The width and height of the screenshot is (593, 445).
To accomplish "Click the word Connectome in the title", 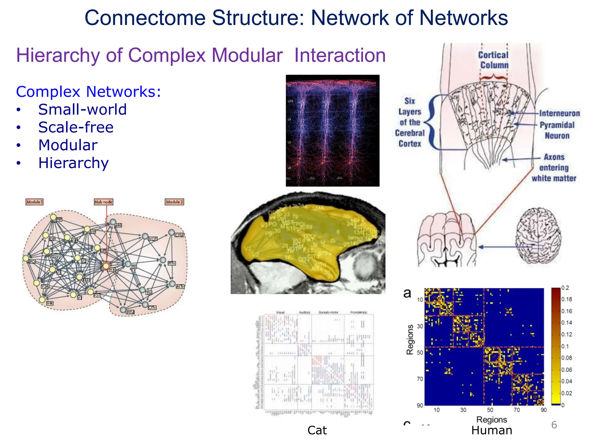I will [145, 18].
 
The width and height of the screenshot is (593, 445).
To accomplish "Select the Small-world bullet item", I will [82, 110].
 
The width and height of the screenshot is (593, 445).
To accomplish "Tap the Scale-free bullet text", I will [76, 127].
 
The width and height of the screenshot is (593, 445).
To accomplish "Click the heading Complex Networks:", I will [88, 92].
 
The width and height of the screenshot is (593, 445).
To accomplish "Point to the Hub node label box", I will [103, 202].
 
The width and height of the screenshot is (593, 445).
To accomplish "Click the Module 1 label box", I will [34, 202].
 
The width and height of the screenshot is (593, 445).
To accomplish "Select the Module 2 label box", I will [174, 202].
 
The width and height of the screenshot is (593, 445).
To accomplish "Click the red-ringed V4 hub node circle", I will [106, 266].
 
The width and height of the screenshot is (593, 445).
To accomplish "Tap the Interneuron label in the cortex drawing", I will [559, 113].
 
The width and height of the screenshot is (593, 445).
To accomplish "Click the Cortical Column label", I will [493, 60].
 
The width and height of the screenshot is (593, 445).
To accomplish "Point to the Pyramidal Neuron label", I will [557, 130].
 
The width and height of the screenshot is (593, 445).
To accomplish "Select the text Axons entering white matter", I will [554, 168].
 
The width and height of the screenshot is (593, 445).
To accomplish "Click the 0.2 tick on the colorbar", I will [565, 288].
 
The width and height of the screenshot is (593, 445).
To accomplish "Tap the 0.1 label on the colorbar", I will [565, 346].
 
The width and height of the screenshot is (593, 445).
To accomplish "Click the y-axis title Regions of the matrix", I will [410, 340].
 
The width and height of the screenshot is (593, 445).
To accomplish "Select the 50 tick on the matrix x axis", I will [490, 410].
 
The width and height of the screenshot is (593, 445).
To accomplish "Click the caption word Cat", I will [317, 431].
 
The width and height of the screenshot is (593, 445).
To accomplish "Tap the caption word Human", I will [492, 431].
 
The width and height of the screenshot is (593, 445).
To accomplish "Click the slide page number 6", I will [554, 425].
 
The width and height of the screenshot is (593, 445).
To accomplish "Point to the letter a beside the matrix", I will [407, 293].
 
